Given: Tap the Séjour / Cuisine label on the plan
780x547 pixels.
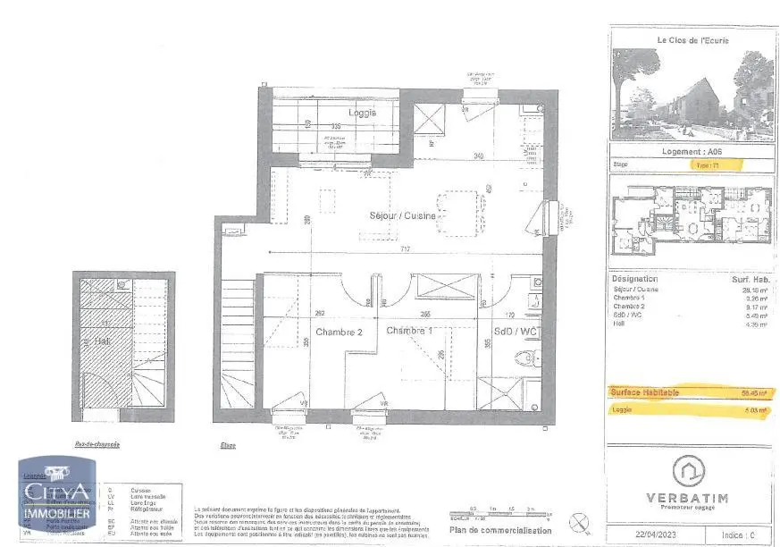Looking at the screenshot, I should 403,216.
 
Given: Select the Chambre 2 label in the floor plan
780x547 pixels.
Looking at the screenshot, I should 338,331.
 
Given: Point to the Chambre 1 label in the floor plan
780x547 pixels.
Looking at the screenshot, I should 410,331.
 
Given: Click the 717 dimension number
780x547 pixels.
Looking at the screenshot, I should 405,248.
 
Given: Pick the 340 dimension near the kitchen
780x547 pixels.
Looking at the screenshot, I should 479,156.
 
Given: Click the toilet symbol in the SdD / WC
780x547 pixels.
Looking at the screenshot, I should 526,358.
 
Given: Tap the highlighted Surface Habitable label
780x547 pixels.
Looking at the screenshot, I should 645,392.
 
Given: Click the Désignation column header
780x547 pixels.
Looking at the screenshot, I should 634,280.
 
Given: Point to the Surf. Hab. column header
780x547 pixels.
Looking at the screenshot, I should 749,280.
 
